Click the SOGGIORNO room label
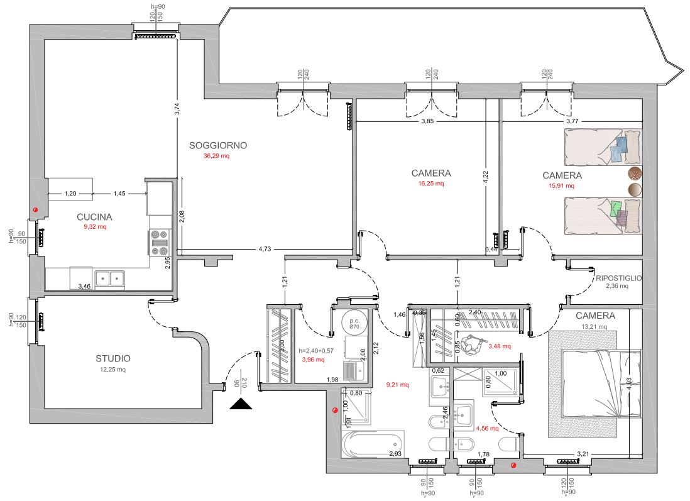click(218, 145)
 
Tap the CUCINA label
click(95, 217)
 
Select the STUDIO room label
click(113, 358)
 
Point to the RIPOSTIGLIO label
click(618, 278)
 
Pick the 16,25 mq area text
click(431, 184)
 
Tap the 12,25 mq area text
click(113, 370)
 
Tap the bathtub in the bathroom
click(373, 444)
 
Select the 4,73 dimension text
click(265, 250)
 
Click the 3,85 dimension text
click(427, 121)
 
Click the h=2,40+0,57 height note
click(320, 351)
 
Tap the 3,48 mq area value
click(499, 346)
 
